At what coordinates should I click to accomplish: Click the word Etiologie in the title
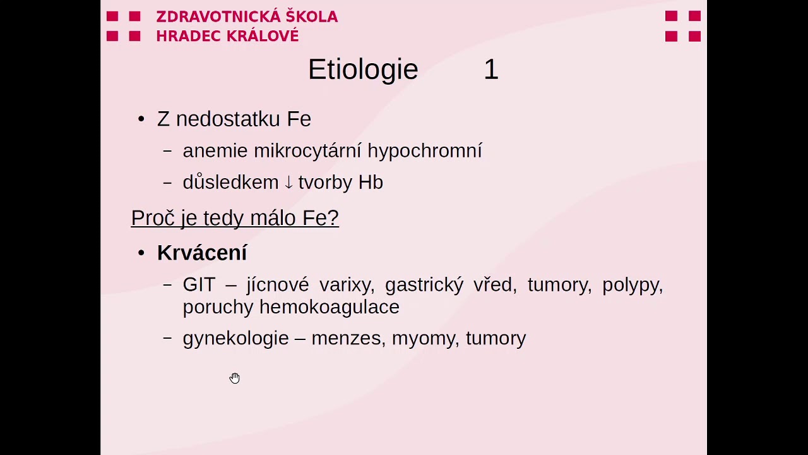[362, 70]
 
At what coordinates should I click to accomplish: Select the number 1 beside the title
[491, 70]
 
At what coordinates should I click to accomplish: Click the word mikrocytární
[307, 151]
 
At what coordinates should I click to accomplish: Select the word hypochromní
[424, 151]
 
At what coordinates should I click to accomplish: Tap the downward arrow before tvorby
[288, 183]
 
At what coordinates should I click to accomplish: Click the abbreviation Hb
[371, 183]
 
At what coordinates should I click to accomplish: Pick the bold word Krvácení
[201, 253]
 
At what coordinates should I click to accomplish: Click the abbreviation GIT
[199, 285]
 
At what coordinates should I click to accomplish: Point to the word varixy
[346, 285]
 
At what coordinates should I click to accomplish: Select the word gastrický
[424, 285]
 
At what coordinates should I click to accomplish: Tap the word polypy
[632, 285]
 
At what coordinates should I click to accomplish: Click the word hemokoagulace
[329, 307]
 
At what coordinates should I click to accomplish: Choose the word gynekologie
[235, 338]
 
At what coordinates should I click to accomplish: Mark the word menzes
[347, 338]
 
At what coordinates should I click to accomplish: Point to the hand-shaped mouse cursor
[235, 378]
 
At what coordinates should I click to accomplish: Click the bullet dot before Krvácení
[141, 253]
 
